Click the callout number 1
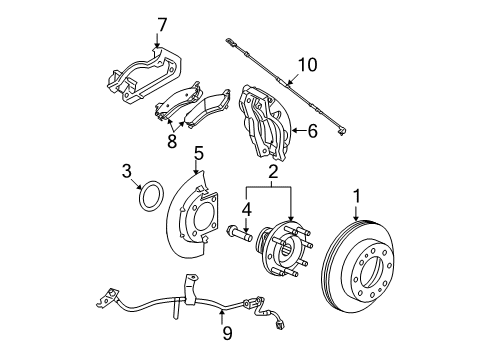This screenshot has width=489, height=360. point(356,196)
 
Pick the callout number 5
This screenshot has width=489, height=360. point(198,153)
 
